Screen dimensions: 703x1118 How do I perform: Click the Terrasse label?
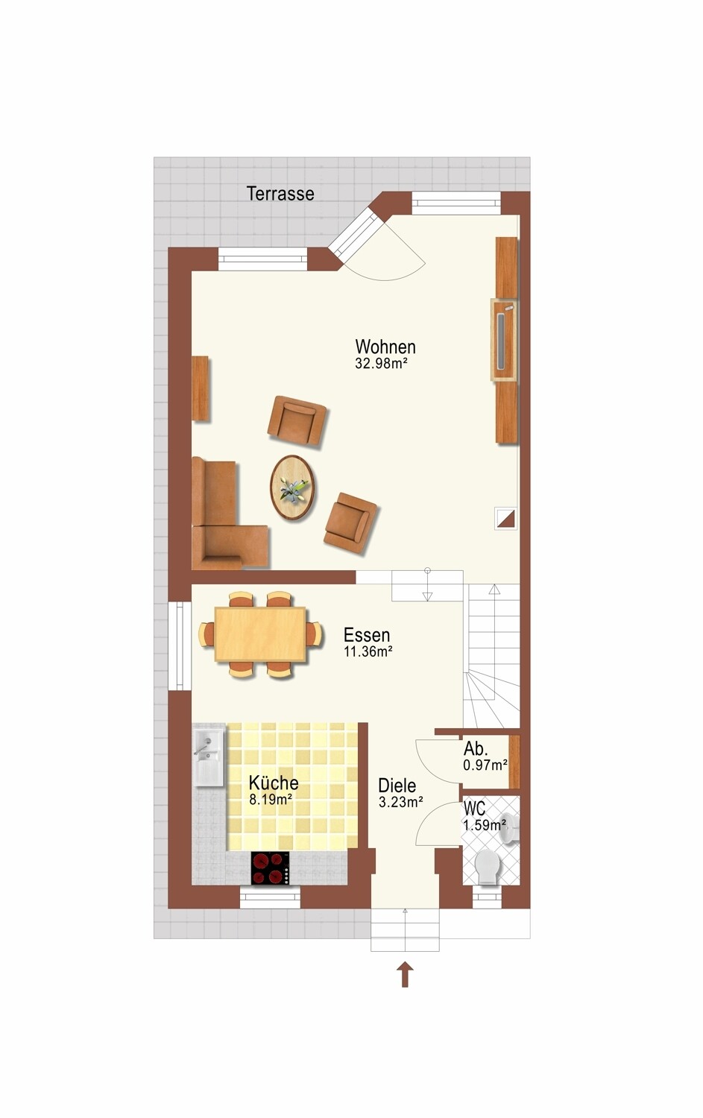[x=280, y=194]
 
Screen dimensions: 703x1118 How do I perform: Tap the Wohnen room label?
[x=385, y=347]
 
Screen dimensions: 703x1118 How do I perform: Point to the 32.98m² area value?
[x=382, y=364]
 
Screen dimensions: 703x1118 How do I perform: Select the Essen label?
[x=367, y=635]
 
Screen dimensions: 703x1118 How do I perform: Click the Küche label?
[x=274, y=782]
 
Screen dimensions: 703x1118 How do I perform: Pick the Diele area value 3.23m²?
[x=401, y=802]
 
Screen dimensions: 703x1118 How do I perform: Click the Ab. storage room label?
[x=476, y=748]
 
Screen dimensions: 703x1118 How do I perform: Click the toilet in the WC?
[x=487, y=866]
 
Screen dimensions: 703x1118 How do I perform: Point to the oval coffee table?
[x=293, y=487]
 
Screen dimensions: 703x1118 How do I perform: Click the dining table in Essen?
[x=260, y=634]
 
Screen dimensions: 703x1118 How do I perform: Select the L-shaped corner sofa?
[x=230, y=514]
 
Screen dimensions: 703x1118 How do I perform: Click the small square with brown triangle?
[x=505, y=518]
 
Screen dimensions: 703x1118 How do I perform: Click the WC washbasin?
[x=509, y=830]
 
